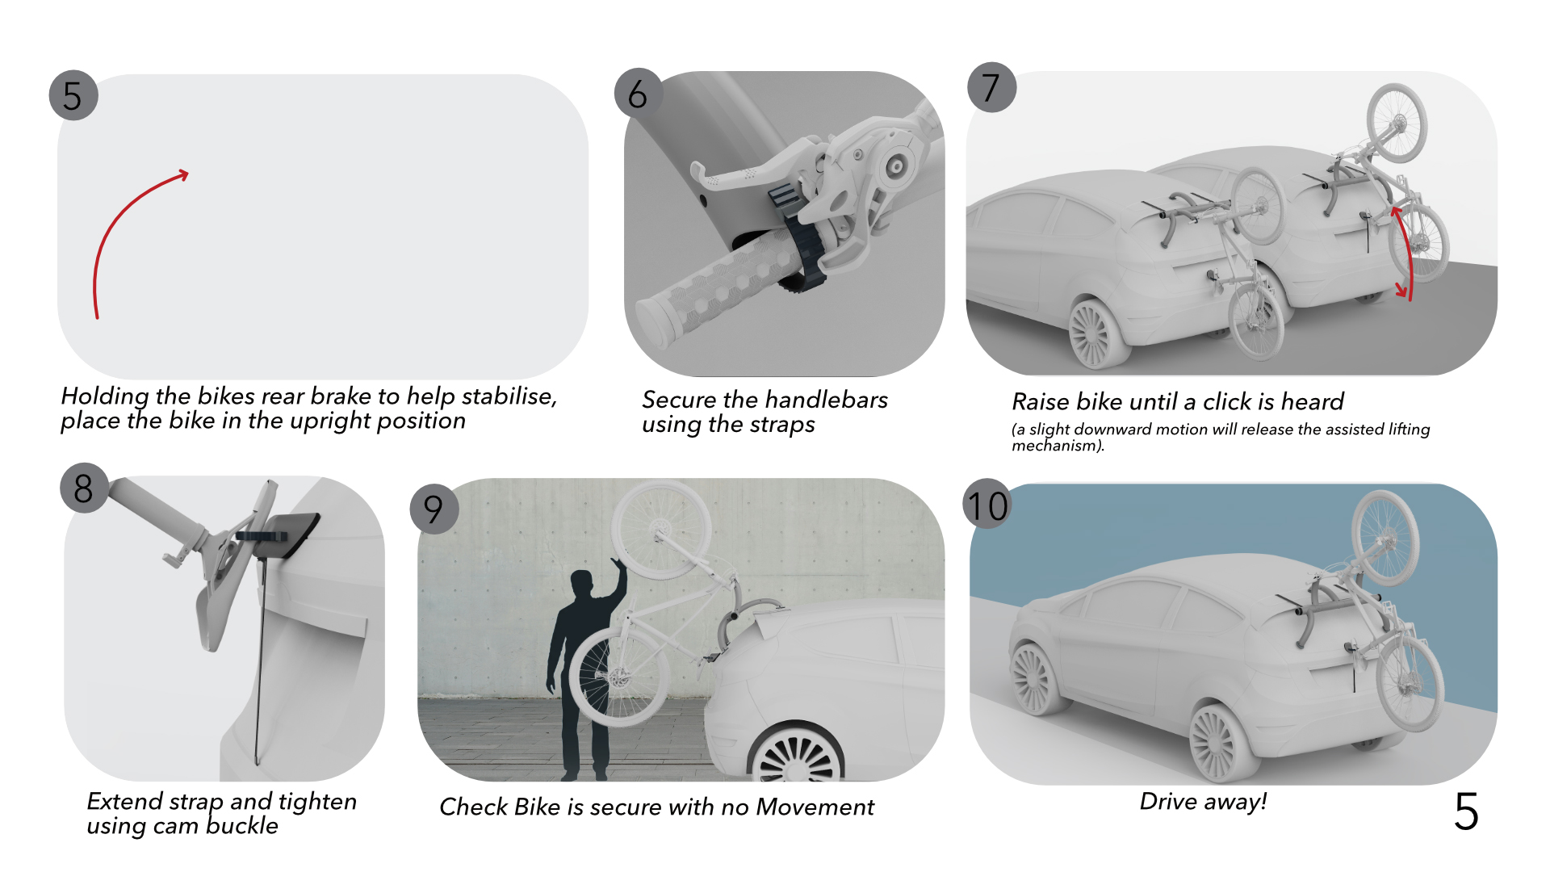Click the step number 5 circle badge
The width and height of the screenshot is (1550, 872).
73,96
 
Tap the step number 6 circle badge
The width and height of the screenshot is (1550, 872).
638,94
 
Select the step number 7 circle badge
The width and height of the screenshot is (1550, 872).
991,87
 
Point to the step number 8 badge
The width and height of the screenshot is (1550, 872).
83,488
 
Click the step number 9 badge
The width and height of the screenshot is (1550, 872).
434,509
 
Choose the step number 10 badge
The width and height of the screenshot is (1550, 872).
987,506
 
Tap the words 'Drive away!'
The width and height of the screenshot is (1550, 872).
1203,802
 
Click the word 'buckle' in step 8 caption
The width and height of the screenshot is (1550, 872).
241,826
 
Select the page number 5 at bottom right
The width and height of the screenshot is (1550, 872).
1465,811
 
